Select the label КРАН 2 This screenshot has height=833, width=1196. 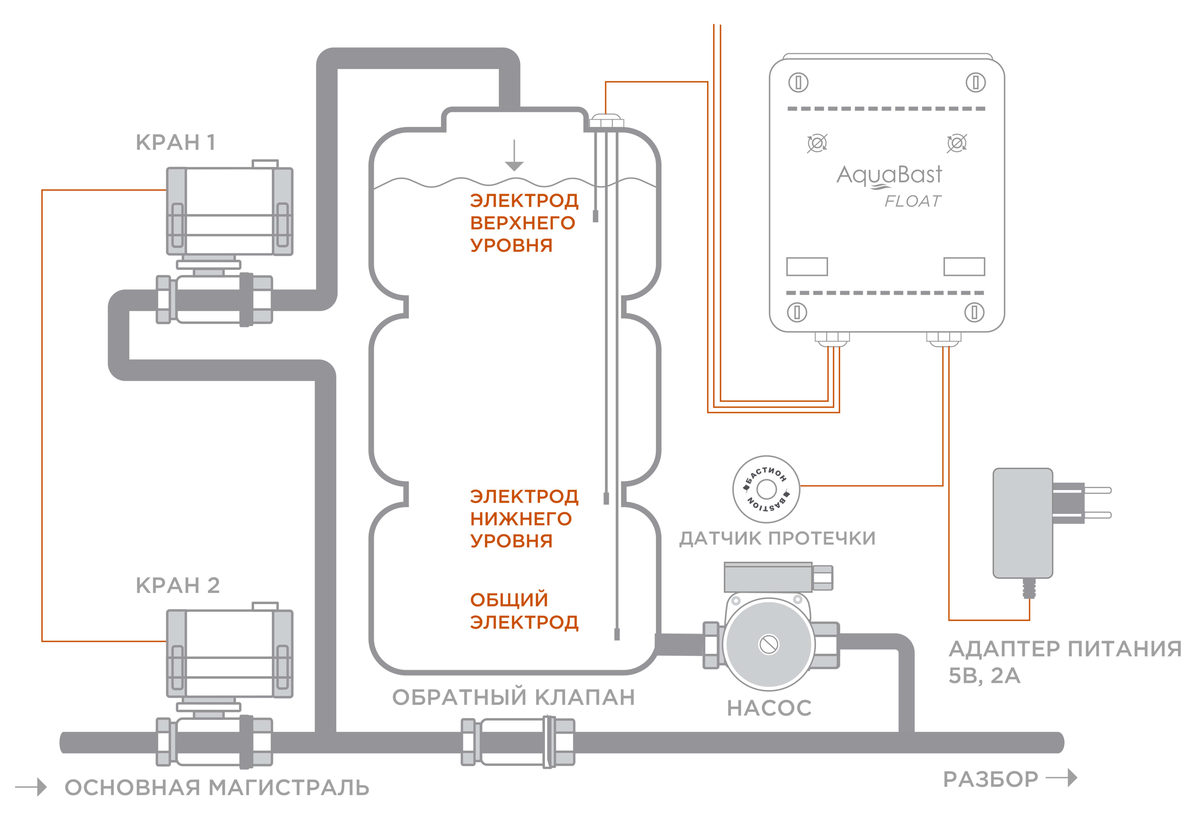(x=178, y=585)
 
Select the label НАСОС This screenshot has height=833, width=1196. (x=769, y=708)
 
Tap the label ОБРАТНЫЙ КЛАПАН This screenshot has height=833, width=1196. (x=514, y=697)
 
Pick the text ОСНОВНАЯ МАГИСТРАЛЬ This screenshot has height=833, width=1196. (x=217, y=788)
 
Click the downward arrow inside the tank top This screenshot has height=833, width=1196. (x=514, y=155)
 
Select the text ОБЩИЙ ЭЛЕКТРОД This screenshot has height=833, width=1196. (x=524, y=611)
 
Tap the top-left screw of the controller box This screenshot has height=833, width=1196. (x=798, y=82)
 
